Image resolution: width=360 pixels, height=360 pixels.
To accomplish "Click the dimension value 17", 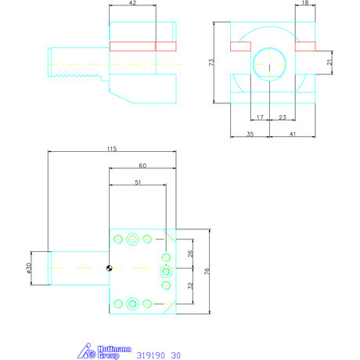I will click(x=260, y=117).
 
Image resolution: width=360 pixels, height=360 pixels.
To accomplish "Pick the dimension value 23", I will click(x=281, y=117).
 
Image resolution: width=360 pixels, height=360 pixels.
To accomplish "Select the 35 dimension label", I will click(x=250, y=135).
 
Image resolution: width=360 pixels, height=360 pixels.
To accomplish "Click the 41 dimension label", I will click(x=291, y=135).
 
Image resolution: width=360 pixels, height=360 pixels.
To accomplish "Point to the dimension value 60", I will click(x=142, y=166).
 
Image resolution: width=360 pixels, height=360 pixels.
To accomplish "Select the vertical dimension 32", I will click(x=190, y=286).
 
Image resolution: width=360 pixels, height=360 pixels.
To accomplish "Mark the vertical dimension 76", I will click(x=207, y=272).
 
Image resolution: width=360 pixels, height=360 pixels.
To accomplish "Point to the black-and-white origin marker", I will click(x=110, y=270).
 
